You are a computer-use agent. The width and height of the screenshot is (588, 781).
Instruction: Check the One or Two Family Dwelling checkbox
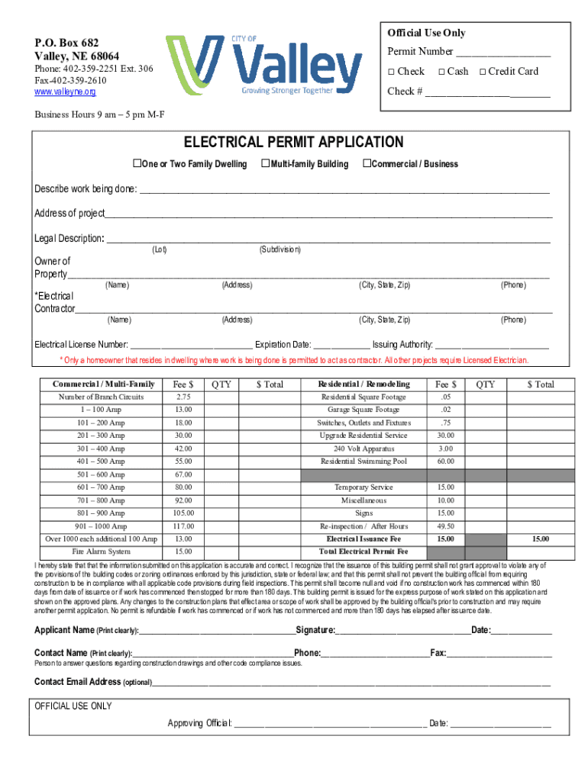[138, 164]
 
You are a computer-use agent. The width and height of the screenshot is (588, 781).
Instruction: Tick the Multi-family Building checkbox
[266, 164]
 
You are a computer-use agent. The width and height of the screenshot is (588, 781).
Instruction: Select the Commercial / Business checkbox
[367, 164]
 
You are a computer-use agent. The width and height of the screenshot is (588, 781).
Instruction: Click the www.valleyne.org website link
[65, 92]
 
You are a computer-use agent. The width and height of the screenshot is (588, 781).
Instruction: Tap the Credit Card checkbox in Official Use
[483, 72]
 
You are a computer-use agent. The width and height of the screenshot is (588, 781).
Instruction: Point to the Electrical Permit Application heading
[293, 143]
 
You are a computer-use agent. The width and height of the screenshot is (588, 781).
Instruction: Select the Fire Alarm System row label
[101, 551]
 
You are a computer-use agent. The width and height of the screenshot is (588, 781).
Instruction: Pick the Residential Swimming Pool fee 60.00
[446, 461]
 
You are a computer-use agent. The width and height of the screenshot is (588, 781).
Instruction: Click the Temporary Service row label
[363, 487]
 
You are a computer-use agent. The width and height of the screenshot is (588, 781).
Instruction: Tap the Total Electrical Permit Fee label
[363, 551]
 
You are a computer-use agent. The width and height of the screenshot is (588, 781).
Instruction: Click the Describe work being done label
[86, 190]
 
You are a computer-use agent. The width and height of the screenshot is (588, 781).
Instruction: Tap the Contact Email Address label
[78, 682]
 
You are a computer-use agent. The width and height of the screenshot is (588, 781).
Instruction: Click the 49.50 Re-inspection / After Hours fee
[446, 526]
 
